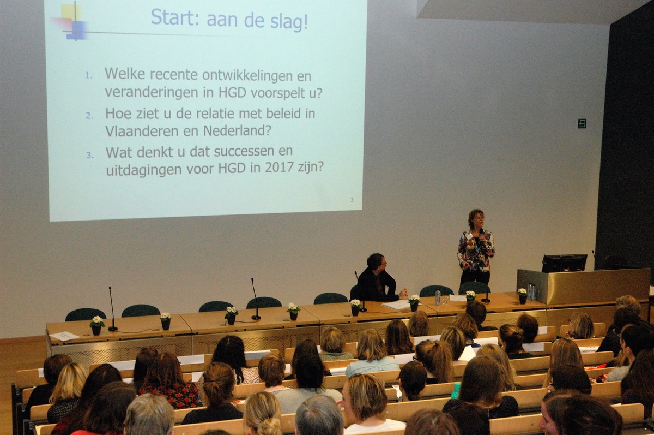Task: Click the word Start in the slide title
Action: (x=173, y=17)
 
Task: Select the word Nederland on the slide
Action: (x=237, y=131)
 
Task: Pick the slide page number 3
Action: (x=352, y=200)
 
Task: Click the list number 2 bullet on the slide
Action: (x=89, y=116)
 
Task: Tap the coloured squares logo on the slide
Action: (x=70, y=21)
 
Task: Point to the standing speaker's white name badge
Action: (x=470, y=235)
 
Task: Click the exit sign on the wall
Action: (x=582, y=123)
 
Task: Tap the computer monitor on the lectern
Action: (x=565, y=263)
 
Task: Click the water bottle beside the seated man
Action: (x=438, y=298)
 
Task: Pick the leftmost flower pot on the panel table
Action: (x=97, y=325)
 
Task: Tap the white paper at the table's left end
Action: (x=64, y=336)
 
